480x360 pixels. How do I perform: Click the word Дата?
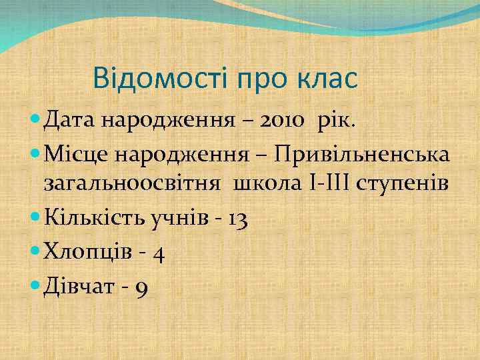pyautogui.click(x=71, y=121)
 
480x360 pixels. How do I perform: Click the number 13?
pyautogui.click(x=236, y=218)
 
